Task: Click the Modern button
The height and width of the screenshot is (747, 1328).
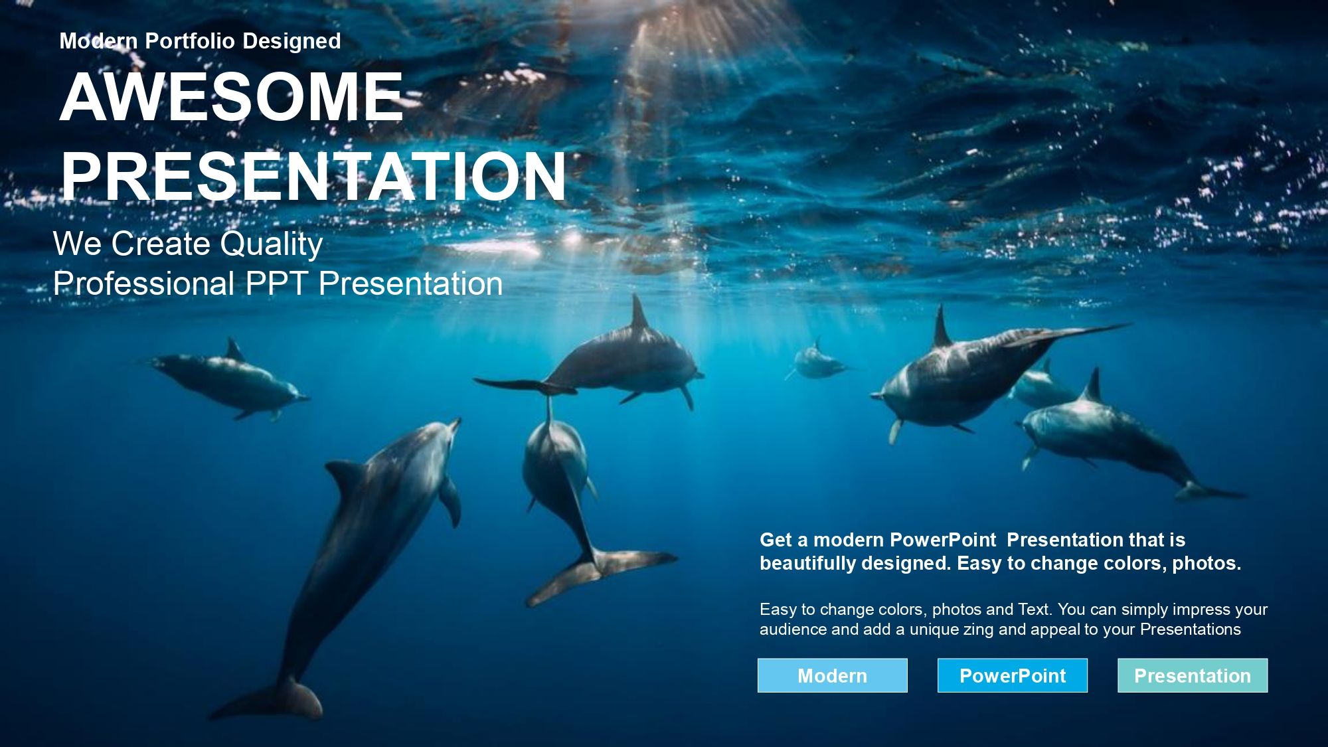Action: tap(832, 675)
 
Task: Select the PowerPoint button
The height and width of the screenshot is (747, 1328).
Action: tap(1013, 675)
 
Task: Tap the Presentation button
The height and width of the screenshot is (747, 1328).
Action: tap(1193, 675)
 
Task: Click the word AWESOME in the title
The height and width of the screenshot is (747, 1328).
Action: tap(232, 97)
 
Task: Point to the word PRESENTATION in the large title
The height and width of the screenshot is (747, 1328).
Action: tap(313, 176)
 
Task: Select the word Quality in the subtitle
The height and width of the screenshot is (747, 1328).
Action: tap(272, 244)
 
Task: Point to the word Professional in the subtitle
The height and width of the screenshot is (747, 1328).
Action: tap(143, 284)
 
